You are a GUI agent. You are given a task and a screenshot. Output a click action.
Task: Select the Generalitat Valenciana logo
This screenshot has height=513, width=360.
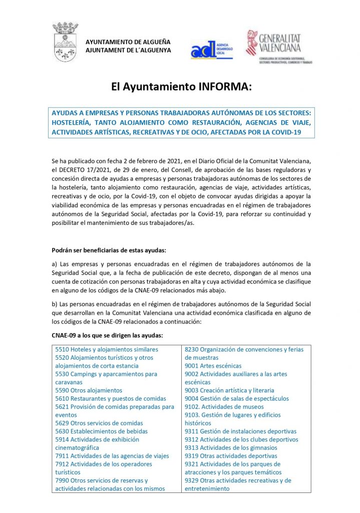click(x=279, y=46)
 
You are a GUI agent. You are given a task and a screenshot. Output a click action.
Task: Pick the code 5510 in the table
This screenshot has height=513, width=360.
click(x=62, y=349)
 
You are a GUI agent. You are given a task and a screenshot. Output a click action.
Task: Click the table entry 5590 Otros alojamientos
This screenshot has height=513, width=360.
click(x=89, y=390)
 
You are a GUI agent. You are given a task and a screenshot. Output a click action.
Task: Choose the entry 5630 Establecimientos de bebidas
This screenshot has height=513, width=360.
click(x=102, y=431)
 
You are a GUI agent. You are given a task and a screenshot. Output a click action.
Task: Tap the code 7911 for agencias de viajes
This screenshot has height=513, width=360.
click(x=62, y=456)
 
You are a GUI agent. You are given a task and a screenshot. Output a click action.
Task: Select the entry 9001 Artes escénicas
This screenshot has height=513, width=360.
click(x=213, y=366)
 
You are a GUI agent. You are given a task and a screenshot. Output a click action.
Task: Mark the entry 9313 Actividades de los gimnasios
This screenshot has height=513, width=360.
click(x=231, y=448)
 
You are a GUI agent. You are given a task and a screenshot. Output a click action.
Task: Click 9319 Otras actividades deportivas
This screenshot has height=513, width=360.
click(x=231, y=456)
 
